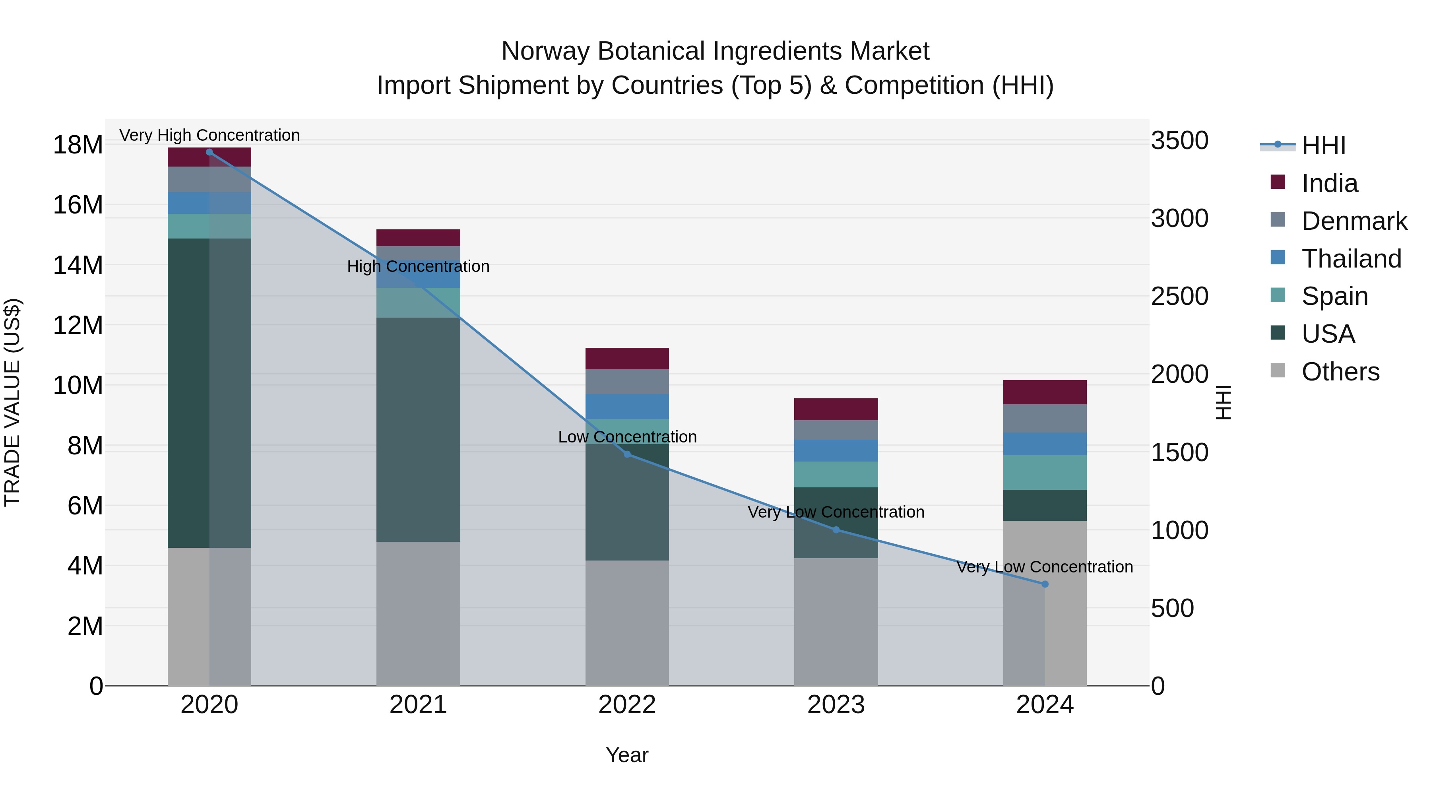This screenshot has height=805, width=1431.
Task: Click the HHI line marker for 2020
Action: click(209, 152)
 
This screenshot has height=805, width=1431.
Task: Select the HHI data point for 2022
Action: click(627, 454)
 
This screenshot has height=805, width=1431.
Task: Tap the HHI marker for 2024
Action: click(1045, 584)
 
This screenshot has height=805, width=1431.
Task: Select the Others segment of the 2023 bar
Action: click(836, 622)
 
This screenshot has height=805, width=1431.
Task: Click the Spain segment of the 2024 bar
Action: click(1045, 472)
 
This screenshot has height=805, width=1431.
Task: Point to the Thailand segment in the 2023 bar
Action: click(836, 450)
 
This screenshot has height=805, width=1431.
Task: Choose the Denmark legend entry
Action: click(1354, 221)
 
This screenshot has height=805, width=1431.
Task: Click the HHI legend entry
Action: click(1323, 145)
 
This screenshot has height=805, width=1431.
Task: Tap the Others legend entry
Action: click(1340, 372)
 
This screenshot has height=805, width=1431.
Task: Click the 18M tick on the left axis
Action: click(78, 145)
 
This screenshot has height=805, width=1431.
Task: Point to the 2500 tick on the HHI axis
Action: click(1179, 296)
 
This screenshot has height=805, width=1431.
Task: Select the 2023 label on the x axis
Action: click(836, 705)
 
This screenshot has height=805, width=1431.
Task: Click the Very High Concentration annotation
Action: click(209, 135)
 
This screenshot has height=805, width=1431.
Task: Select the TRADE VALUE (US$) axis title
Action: click(12, 402)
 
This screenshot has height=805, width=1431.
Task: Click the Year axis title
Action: click(627, 755)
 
